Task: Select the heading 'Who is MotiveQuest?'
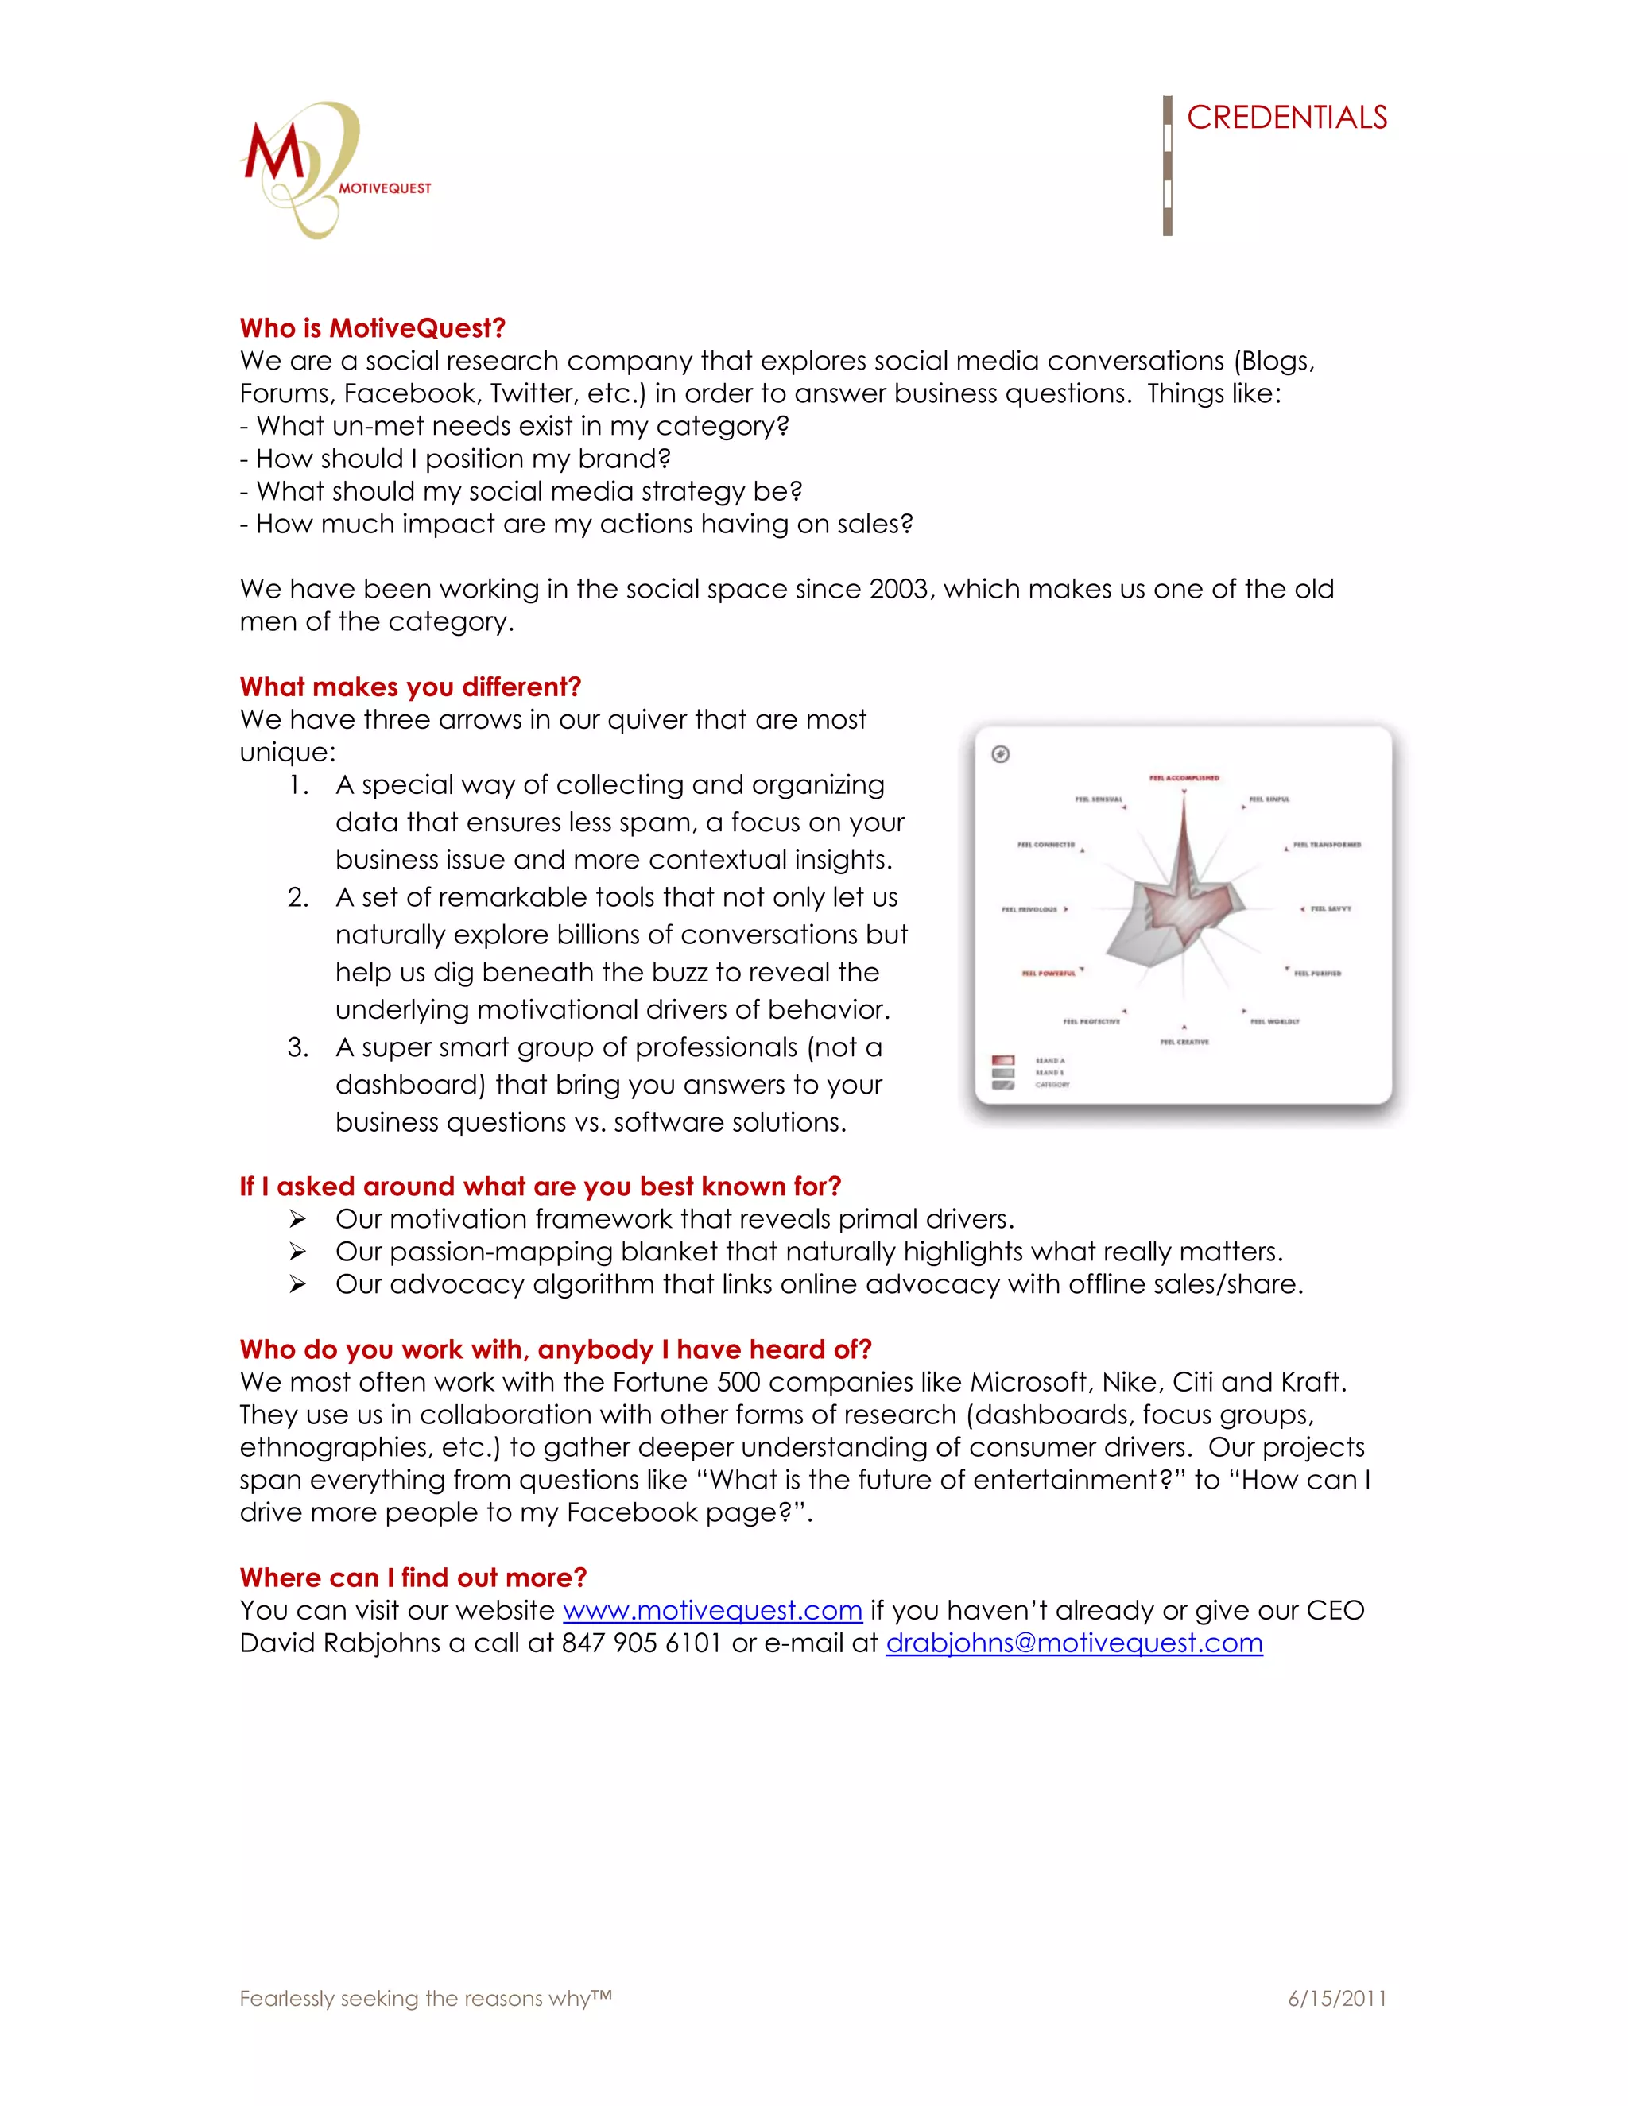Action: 372,328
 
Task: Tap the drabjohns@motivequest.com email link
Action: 1073,1643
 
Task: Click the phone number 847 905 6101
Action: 642,1643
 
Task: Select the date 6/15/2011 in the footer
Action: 1337,1998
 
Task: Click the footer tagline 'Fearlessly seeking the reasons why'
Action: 424,1998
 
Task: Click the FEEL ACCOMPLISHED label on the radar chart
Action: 1184,777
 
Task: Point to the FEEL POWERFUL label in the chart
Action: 1049,973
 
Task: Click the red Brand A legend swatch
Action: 1002,1059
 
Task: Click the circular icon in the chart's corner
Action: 1000,754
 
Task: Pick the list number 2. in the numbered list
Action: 298,898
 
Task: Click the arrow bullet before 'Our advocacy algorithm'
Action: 297,1284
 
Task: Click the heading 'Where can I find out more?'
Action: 413,1578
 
